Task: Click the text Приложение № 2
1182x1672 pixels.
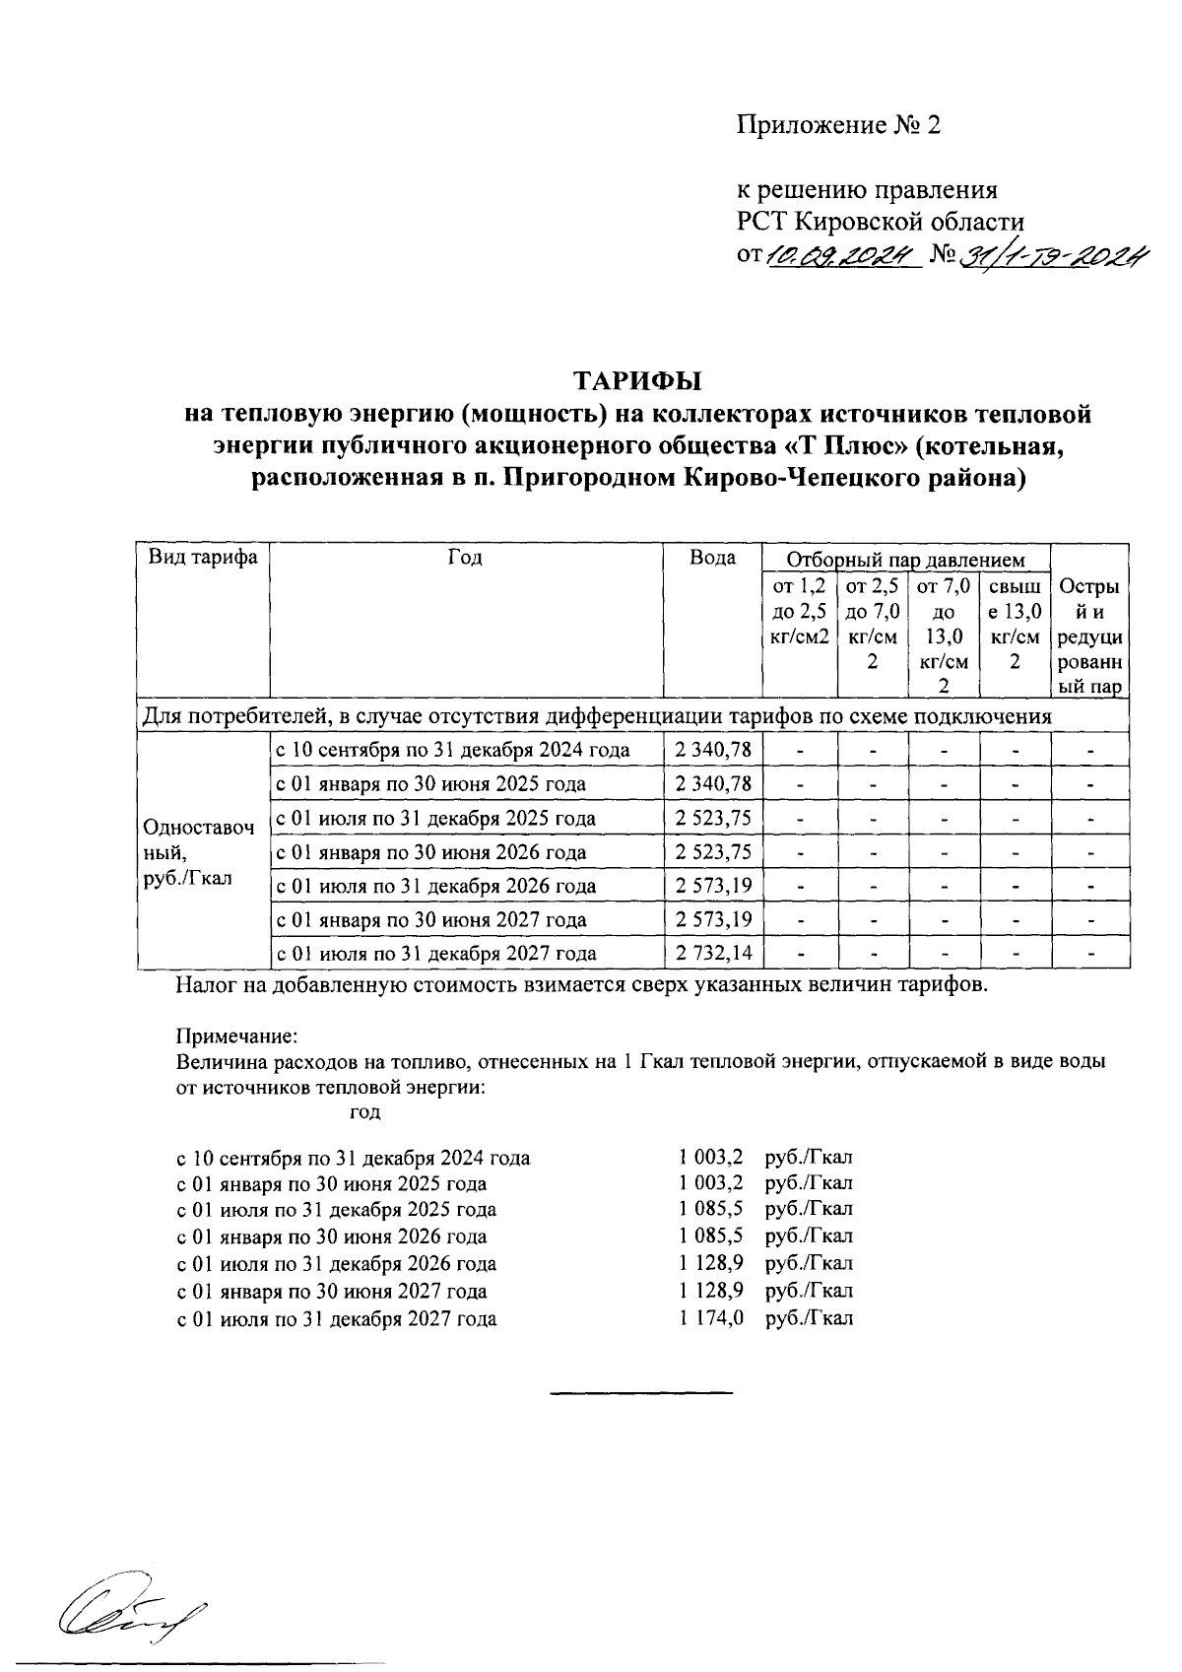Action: click(x=839, y=125)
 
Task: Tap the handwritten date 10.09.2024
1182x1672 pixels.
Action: click(x=842, y=256)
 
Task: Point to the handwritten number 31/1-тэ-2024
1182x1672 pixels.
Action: click(x=1054, y=256)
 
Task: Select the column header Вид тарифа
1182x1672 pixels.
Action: click(x=203, y=558)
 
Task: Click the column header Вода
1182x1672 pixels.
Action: click(x=712, y=558)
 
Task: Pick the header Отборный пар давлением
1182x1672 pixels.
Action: click(x=905, y=560)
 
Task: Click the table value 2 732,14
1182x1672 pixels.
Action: click(x=714, y=953)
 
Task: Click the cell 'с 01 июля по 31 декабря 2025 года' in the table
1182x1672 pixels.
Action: click(x=435, y=819)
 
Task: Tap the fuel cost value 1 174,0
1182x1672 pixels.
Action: click(x=711, y=1318)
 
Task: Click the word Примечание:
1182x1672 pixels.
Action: click(x=235, y=1037)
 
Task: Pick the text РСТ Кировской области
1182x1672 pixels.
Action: click(x=881, y=221)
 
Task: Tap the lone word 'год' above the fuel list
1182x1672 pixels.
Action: click(x=364, y=1111)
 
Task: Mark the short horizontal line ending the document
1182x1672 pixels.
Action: click(x=641, y=1393)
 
